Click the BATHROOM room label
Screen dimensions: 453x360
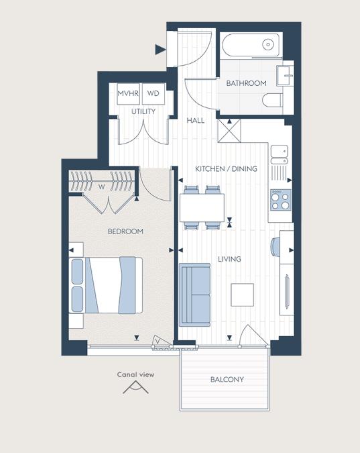[x=245, y=83]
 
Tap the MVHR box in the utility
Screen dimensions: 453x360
[x=127, y=93]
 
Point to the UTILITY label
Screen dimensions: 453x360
[x=143, y=111]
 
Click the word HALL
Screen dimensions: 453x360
[x=196, y=120]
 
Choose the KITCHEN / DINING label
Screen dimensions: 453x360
[x=226, y=169]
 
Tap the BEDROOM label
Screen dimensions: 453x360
[x=125, y=232]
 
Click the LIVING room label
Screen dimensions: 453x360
[x=229, y=259]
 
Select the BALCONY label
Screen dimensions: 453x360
[x=227, y=380]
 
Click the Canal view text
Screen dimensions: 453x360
[x=135, y=375]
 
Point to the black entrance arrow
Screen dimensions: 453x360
[x=160, y=49]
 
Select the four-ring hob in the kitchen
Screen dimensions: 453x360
[x=280, y=199]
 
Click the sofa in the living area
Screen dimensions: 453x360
[x=194, y=294]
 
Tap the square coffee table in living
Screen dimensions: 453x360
[x=243, y=294]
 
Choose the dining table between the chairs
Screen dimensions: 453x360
[x=202, y=207]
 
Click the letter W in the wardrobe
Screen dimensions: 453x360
[x=102, y=187]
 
